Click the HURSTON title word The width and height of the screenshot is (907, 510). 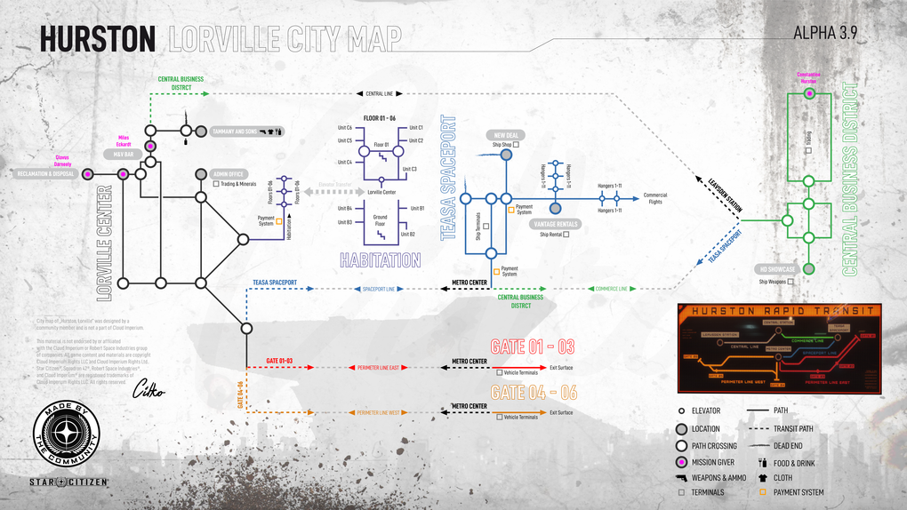pos(98,38)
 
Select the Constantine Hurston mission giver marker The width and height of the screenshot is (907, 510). pos(809,92)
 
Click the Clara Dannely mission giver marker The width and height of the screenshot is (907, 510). pos(88,174)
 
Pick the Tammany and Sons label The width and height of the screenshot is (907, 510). pos(234,131)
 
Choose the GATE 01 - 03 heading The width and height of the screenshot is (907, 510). pos(533,346)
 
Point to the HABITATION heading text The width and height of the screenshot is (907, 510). pos(381,260)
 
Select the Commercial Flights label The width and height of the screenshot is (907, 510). pos(655,198)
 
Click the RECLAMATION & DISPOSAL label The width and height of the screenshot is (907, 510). pos(45,174)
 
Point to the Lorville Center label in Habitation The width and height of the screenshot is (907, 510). pos(381,192)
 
